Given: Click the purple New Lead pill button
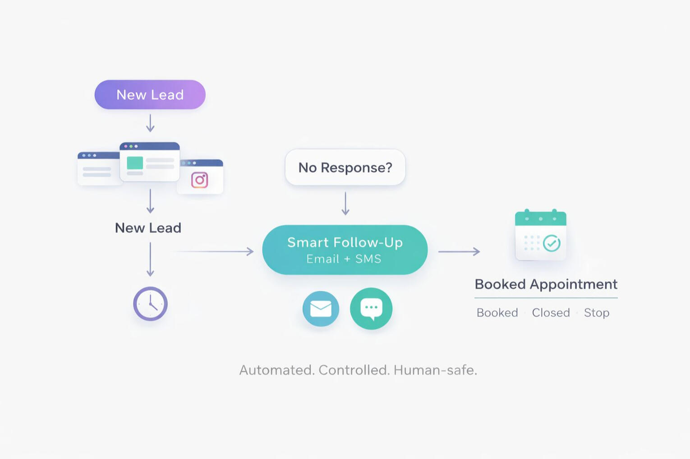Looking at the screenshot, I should point(150,95).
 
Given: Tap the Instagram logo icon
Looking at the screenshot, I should point(199,180).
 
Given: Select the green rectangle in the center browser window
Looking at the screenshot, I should point(135,163).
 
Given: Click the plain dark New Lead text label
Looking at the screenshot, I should point(148,228).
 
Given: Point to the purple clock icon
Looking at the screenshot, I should point(150,304).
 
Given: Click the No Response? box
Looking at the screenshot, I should point(345,167).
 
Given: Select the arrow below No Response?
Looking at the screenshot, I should point(345,204).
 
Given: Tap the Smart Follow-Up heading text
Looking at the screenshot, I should point(345,242).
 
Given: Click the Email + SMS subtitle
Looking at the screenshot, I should point(344,259).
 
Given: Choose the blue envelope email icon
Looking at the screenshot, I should point(321,309).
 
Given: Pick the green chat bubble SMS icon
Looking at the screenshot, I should point(371,309).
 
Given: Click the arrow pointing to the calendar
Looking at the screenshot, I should point(459,251).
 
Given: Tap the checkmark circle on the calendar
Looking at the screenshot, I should point(552,243).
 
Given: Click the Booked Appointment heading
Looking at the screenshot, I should point(546,284).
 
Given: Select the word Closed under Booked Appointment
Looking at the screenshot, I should point(551,313).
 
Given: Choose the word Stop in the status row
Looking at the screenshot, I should point(596,313).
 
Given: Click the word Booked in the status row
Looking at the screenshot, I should point(497,313).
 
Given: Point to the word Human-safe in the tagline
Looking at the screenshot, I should point(435,370).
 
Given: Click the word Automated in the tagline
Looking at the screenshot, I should point(276,370).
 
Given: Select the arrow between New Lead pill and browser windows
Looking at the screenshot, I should point(150,123).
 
